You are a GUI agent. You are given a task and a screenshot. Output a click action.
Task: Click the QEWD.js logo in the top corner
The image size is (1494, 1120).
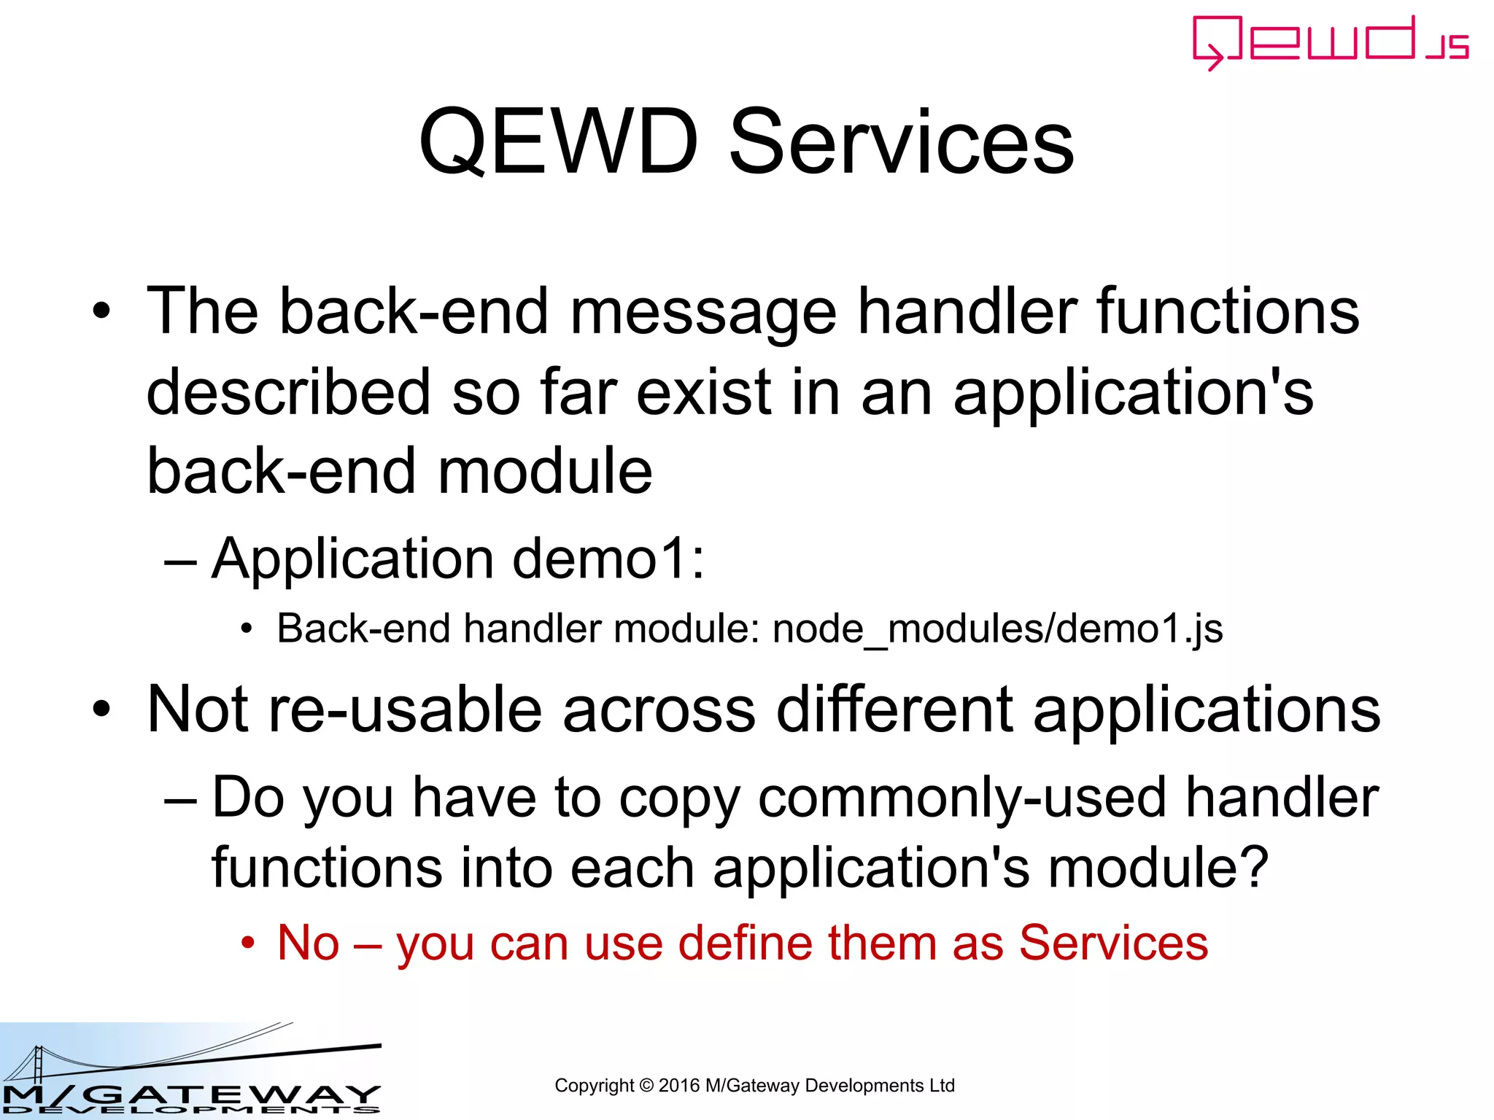(x=1329, y=42)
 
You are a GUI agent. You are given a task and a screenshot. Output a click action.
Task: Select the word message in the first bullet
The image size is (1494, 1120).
(x=703, y=312)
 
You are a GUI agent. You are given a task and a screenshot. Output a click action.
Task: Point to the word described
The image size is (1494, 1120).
(x=288, y=392)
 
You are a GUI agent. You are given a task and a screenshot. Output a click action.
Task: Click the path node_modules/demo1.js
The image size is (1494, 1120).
(x=997, y=629)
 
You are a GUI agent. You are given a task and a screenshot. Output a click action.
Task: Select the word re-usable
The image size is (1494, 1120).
(x=405, y=709)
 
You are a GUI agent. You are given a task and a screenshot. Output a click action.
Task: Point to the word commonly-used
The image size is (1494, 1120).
(x=961, y=797)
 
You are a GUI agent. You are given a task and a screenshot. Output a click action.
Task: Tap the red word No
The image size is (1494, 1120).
(x=309, y=943)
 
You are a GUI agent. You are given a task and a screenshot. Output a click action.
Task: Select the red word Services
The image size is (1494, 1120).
(x=1113, y=943)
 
